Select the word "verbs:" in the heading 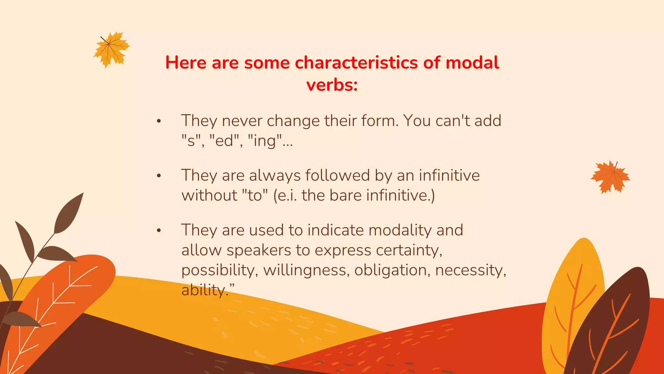(x=332, y=85)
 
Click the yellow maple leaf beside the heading (x=112, y=49)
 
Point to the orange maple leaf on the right (x=610, y=177)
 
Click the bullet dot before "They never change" (x=159, y=121)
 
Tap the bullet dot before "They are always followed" (x=159, y=176)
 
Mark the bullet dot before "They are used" (x=159, y=231)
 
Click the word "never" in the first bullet (x=242, y=121)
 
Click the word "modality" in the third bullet (x=400, y=230)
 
